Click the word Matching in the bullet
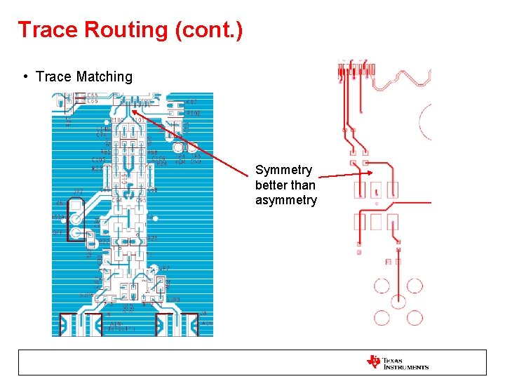(105, 77)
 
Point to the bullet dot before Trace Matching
(25, 77)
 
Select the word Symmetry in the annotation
(283, 170)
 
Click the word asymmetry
(286, 201)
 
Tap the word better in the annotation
(271, 185)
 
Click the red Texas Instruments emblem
(373, 362)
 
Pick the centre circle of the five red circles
(398, 301)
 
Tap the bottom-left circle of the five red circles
(382, 317)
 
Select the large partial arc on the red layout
(425, 121)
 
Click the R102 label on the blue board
(193, 113)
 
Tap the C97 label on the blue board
(191, 102)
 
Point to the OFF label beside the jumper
(58, 232)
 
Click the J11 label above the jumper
(78, 191)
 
